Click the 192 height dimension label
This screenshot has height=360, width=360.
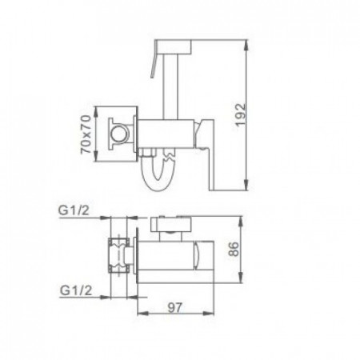point(241,114)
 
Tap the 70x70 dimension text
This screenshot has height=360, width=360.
point(86,134)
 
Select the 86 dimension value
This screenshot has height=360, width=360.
point(234,249)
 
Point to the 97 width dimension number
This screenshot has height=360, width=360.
point(175,307)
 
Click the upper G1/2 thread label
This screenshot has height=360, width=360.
point(74,210)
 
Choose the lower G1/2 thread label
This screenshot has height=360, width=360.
point(76,290)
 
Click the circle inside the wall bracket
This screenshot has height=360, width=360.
point(119,133)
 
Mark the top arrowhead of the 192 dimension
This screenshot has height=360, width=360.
point(246,45)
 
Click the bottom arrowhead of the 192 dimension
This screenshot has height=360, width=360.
point(246,185)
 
